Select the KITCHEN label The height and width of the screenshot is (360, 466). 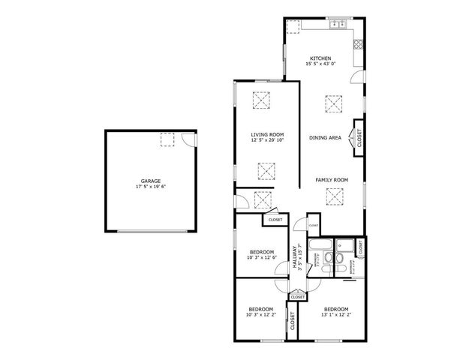coord(320,58)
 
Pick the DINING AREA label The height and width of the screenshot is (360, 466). coord(326,138)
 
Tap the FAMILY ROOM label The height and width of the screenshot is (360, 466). coord(331,180)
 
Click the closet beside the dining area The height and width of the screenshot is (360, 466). coord(359,138)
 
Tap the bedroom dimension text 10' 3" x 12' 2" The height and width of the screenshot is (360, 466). coord(261,315)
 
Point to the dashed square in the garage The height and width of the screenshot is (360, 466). coord(167,139)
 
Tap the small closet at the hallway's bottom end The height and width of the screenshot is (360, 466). coord(297,297)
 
